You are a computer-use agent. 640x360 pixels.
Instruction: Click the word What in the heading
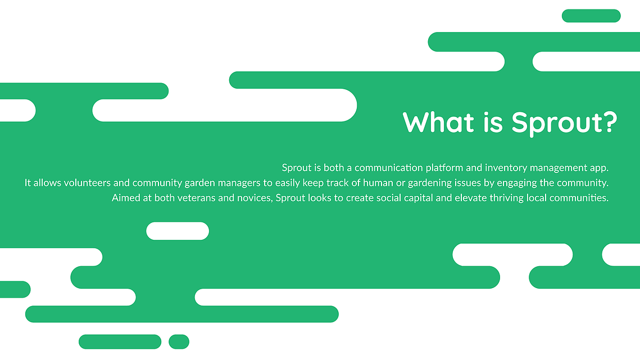pyautogui.click(x=438, y=122)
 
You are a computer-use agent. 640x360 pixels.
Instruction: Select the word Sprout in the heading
pyautogui.click(x=556, y=123)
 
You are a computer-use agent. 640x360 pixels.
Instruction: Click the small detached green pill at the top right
pyautogui.click(x=591, y=16)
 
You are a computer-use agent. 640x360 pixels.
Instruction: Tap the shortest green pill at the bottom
pyautogui.click(x=179, y=341)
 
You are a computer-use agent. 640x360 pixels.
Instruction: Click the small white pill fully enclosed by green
pyautogui.click(x=178, y=231)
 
